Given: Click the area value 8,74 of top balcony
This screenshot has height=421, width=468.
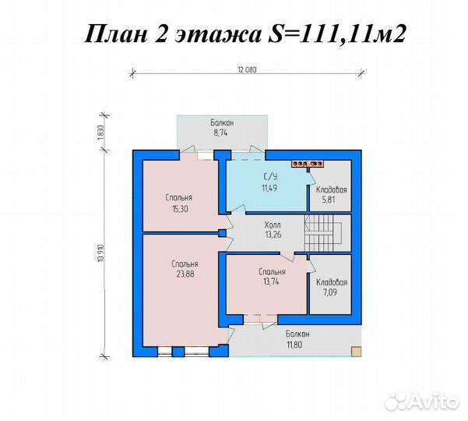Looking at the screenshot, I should tap(223, 134).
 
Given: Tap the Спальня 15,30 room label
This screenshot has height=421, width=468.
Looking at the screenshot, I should tap(179, 203).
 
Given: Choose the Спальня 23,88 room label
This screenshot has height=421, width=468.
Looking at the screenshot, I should tap(185, 269).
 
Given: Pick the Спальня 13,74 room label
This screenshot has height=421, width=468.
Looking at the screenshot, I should tap(273, 277).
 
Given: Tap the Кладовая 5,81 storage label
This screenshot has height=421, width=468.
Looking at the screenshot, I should tap(331, 195).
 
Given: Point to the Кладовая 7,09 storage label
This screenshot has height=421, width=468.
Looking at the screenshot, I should tap(331, 288).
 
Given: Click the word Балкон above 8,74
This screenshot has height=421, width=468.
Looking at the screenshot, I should tap(223, 124).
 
